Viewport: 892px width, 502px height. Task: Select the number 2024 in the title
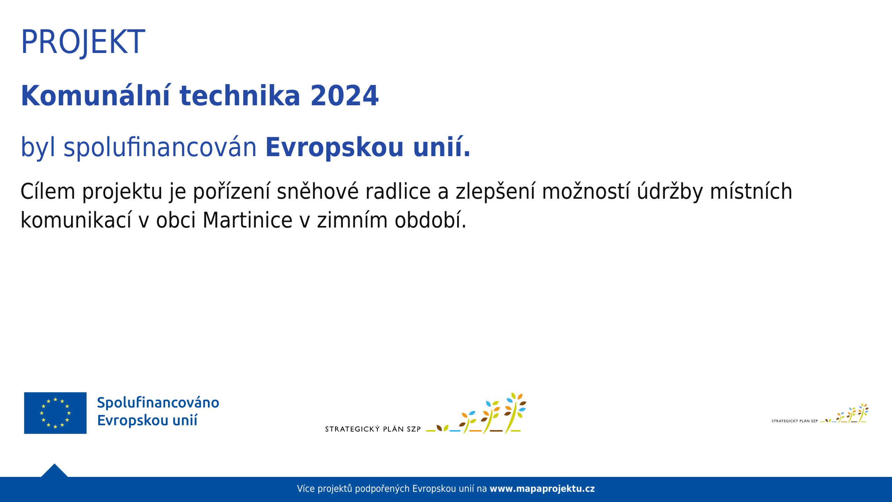pyautogui.click(x=344, y=96)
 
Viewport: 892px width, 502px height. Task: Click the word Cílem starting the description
pyautogui.click(x=48, y=191)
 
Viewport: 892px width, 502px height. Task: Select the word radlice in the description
pyautogui.click(x=398, y=191)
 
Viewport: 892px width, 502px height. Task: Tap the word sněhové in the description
pyautogui.click(x=317, y=191)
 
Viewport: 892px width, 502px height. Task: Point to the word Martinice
pyautogui.click(x=247, y=220)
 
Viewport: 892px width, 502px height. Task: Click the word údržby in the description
pyautogui.click(x=670, y=191)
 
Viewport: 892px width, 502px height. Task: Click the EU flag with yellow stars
pyautogui.click(x=55, y=413)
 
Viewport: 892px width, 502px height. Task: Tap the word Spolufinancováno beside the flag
pyautogui.click(x=158, y=403)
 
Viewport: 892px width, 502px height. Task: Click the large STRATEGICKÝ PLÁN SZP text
pyautogui.click(x=373, y=429)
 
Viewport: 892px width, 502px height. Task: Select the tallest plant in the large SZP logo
pyautogui.click(x=515, y=413)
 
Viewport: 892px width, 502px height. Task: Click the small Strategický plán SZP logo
pyautogui.click(x=820, y=413)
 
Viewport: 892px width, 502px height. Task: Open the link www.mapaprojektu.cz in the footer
pyautogui.click(x=542, y=489)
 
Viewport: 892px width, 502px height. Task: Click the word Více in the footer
pyautogui.click(x=306, y=489)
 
